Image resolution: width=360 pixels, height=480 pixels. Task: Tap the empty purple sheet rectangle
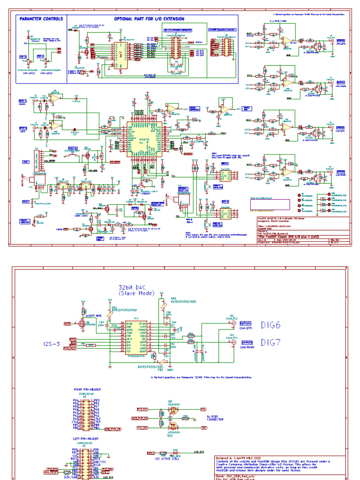270,205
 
